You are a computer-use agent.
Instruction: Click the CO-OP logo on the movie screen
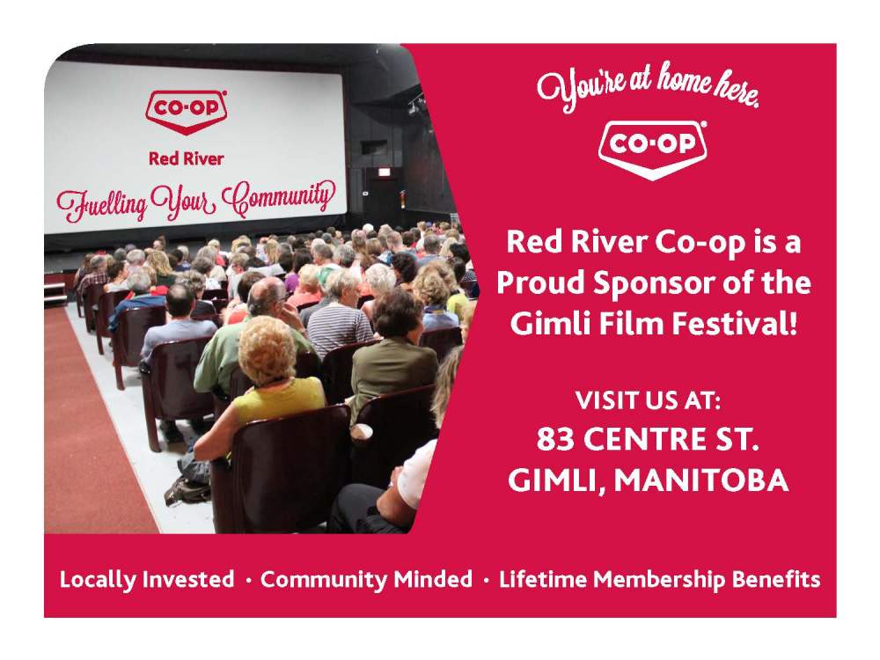tap(187, 112)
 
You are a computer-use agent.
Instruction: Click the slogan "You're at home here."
tap(649, 91)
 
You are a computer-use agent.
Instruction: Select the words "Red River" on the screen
tap(186, 159)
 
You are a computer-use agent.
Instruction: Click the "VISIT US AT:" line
tap(649, 401)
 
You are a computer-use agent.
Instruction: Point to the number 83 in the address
tap(555, 438)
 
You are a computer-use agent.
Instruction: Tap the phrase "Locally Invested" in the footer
tap(147, 580)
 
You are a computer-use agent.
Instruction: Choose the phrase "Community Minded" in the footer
tap(366, 580)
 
